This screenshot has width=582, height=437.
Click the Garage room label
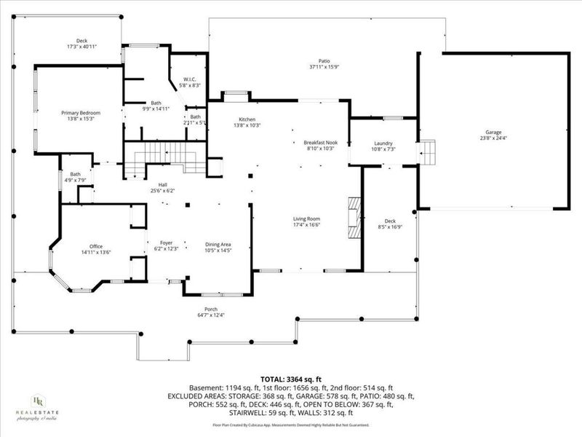click(493, 133)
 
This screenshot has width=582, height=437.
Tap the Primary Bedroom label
click(80, 113)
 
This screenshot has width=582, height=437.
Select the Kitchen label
click(247, 119)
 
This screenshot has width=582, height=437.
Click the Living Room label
click(306, 219)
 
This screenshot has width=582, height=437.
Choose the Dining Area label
click(218, 244)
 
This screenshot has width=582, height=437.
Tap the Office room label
click(95, 247)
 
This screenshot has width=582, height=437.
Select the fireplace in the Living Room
click(353, 216)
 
